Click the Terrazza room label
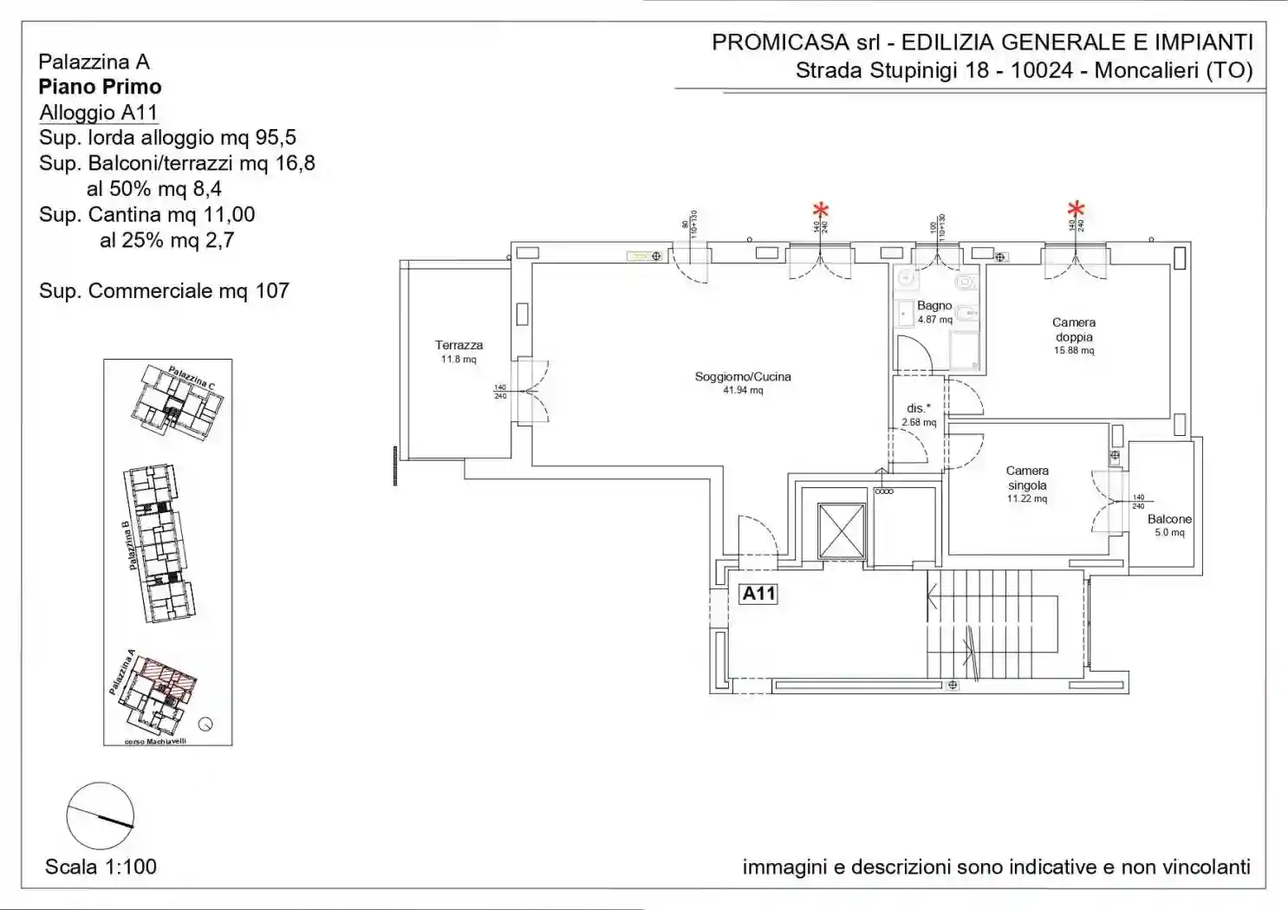pyautogui.click(x=459, y=345)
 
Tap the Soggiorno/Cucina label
pyautogui.click(x=743, y=377)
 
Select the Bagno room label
pyautogui.click(x=934, y=306)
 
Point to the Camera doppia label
pyautogui.click(x=1074, y=329)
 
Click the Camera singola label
pyautogui.click(x=1027, y=478)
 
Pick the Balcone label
pyautogui.click(x=1169, y=519)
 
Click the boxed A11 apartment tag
pyautogui.click(x=758, y=594)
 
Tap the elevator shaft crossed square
pyautogui.click(x=842, y=530)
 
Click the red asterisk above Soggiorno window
pyautogui.click(x=820, y=210)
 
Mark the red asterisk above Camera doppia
pyautogui.click(x=1076, y=210)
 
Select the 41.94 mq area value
pyautogui.click(x=743, y=391)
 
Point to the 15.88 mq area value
pyautogui.click(x=1074, y=351)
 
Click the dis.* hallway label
pyautogui.click(x=919, y=408)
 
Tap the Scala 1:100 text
pyautogui.click(x=101, y=867)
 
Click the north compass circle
pyautogui.click(x=101, y=816)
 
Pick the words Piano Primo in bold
pyautogui.click(x=100, y=87)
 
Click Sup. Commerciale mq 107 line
pyautogui.click(x=164, y=291)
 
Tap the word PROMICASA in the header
pyautogui.click(x=780, y=42)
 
